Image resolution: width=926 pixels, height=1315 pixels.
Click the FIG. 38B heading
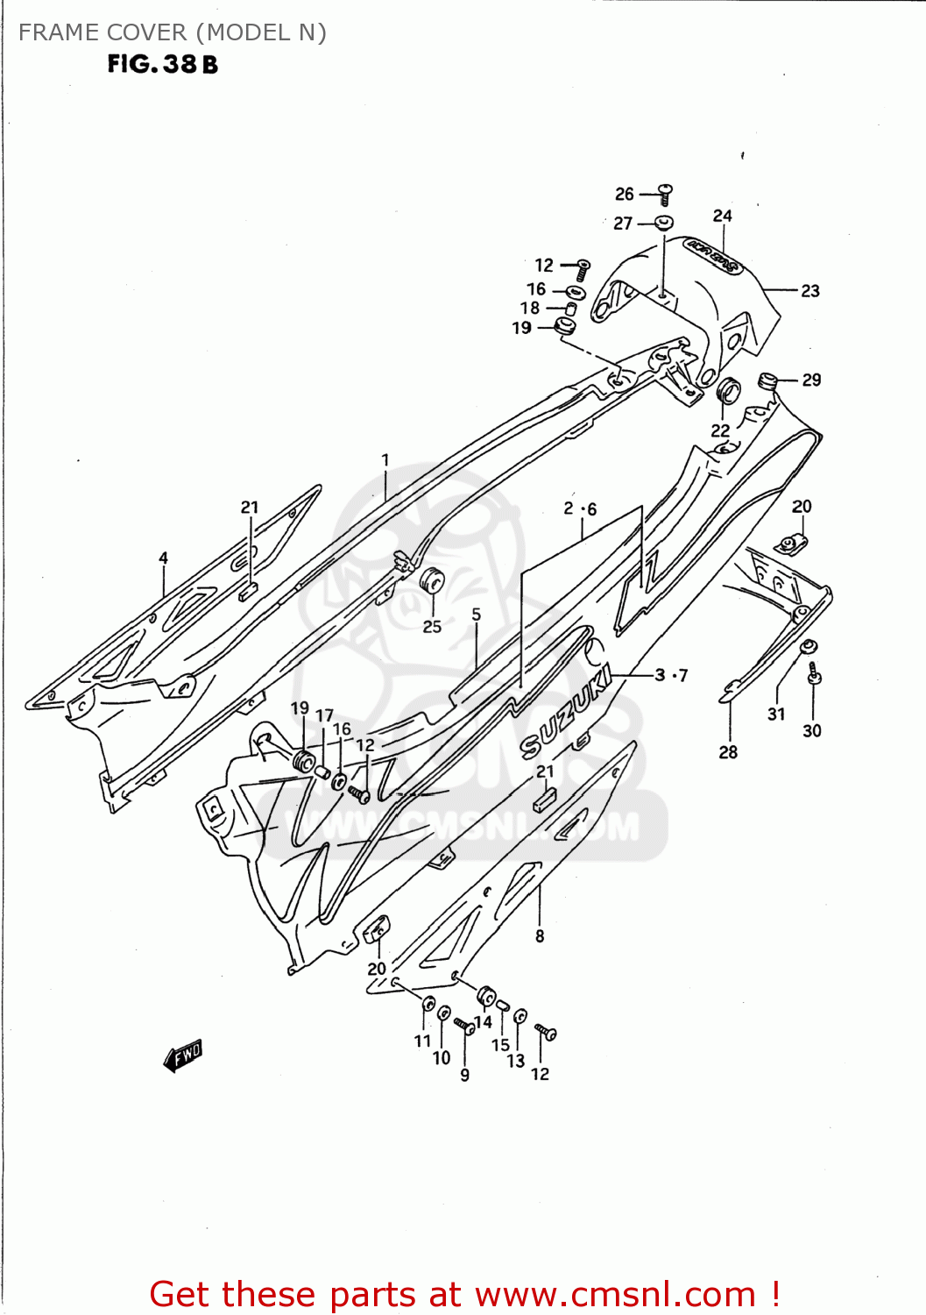pyautogui.click(x=162, y=64)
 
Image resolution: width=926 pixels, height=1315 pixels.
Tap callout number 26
pyautogui.click(x=624, y=194)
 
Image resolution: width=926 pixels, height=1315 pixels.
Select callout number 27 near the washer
pyautogui.click(x=623, y=224)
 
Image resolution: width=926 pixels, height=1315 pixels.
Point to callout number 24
pyautogui.click(x=722, y=216)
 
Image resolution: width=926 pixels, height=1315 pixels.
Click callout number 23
pyautogui.click(x=810, y=291)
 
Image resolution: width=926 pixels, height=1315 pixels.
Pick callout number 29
pyautogui.click(x=811, y=380)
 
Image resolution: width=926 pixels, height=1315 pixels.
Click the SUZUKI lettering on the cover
pyautogui.click(x=565, y=711)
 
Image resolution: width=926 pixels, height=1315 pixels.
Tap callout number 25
pyautogui.click(x=432, y=627)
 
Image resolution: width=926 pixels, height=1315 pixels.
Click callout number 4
pyautogui.click(x=163, y=558)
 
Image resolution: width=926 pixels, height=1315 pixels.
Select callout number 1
pyautogui.click(x=385, y=459)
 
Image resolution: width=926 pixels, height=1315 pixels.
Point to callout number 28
pyautogui.click(x=728, y=752)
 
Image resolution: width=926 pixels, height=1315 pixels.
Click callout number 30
pyautogui.click(x=812, y=731)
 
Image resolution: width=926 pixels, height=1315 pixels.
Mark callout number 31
pyautogui.click(x=776, y=714)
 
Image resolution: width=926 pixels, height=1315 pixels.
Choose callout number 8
pyautogui.click(x=540, y=936)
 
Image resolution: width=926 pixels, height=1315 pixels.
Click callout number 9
pyautogui.click(x=464, y=1075)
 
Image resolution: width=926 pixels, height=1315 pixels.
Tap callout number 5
pyautogui.click(x=476, y=615)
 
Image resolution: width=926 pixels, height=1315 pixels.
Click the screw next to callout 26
pyautogui.click(x=665, y=193)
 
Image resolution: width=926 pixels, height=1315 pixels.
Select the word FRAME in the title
pyautogui.click(x=53, y=32)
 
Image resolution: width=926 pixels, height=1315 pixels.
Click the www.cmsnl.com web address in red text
pyautogui.click(x=615, y=1294)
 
